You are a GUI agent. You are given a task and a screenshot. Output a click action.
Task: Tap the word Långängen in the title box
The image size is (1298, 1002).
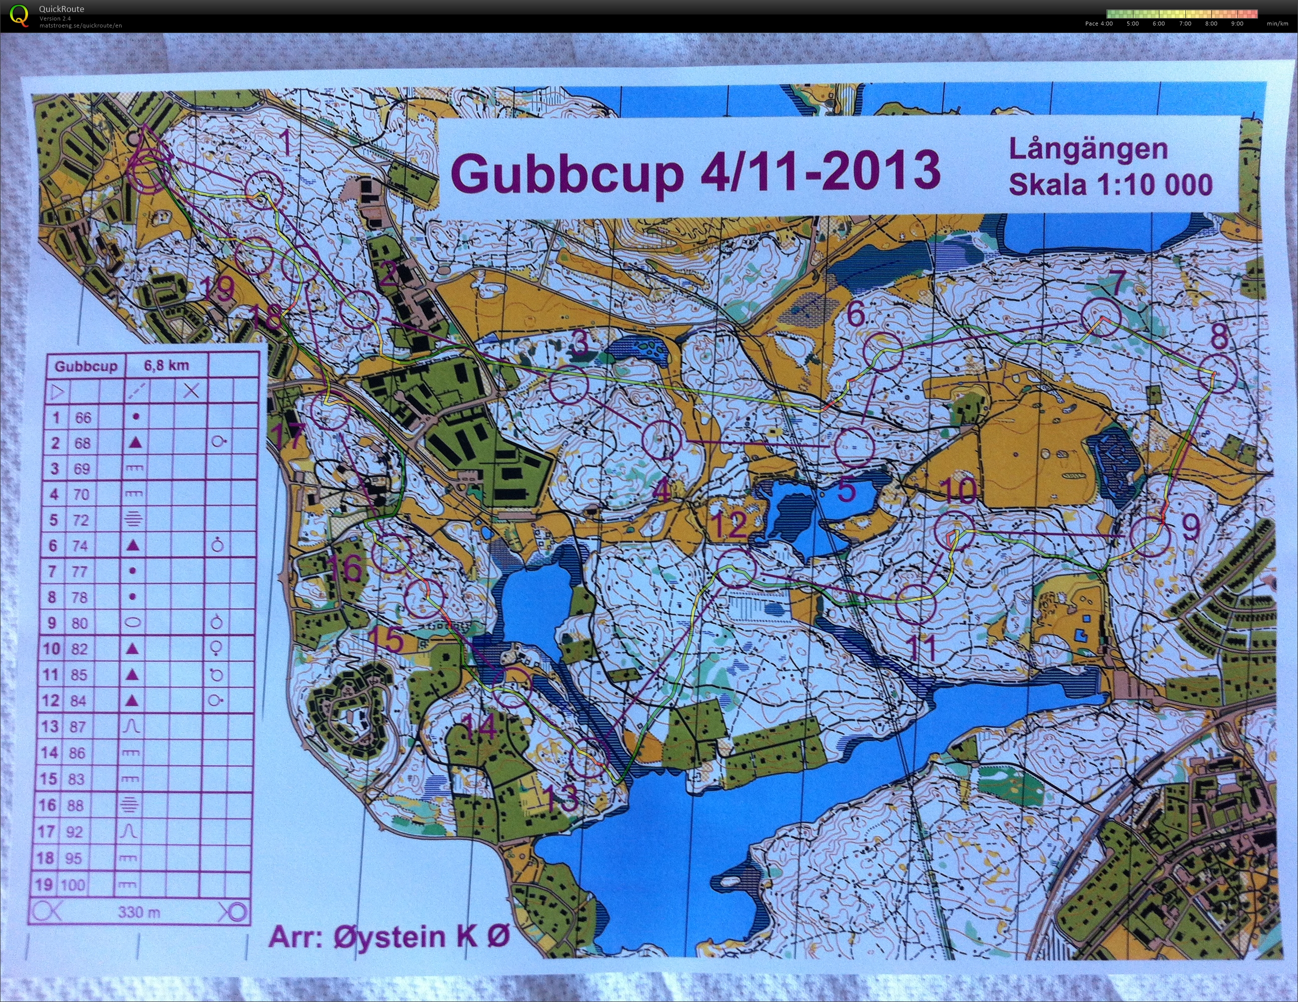pyautogui.click(x=1088, y=149)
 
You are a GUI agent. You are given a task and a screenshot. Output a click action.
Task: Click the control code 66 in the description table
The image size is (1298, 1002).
pyautogui.click(x=83, y=418)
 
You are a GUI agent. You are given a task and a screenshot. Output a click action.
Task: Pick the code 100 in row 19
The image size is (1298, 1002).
pyautogui.click(x=73, y=885)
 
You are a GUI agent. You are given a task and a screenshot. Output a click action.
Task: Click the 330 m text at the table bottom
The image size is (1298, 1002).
pyautogui.click(x=139, y=911)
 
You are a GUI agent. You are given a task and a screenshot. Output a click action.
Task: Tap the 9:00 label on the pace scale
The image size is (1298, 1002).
pyautogui.click(x=1237, y=24)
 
